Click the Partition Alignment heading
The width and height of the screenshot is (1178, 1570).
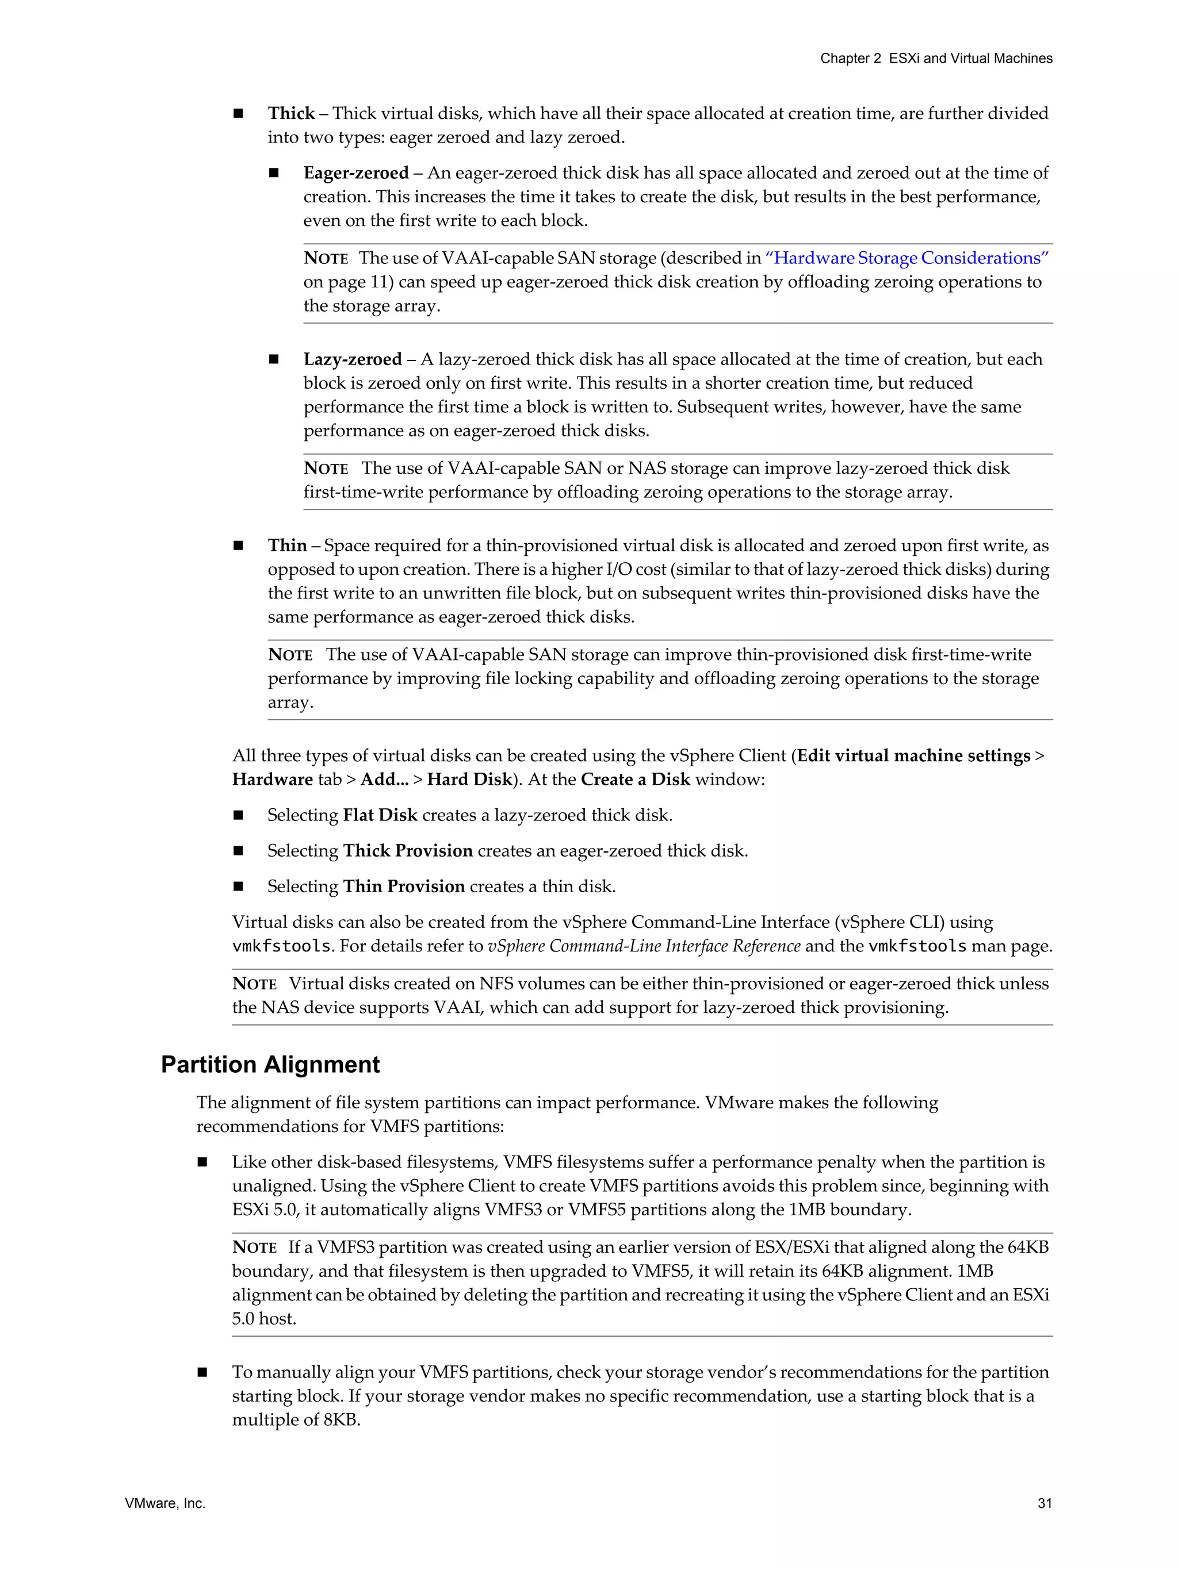(x=270, y=1065)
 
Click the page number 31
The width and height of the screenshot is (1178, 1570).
(x=1044, y=1503)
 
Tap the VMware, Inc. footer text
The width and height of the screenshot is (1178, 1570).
(x=165, y=1503)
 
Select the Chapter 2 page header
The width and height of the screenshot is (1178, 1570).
(x=936, y=58)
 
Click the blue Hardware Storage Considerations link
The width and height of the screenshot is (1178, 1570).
(x=907, y=258)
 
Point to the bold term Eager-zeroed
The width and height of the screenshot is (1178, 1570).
(x=355, y=173)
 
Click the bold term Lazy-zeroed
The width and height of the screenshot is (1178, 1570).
(x=352, y=359)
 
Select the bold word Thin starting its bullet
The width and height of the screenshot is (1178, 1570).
(x=287, y=545)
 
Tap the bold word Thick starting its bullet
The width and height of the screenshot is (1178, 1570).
(x=291, y=114)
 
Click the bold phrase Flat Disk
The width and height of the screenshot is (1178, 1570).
(x=380, y=815)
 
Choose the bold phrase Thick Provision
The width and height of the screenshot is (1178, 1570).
(x=408, y=850)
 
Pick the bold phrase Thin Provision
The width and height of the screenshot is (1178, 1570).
(x=404, y=886)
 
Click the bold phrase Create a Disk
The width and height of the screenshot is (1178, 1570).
(x=635, y=780)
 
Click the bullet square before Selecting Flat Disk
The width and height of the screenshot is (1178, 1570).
(x=239, y=816)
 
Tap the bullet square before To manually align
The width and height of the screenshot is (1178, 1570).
(x=202, y=1373)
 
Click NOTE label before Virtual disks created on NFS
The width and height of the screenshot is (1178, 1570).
(x=254, y=984)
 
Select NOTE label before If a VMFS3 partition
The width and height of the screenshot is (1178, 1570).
(x=254, y=1247)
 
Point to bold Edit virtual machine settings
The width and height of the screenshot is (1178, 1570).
(x=913, y=756)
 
